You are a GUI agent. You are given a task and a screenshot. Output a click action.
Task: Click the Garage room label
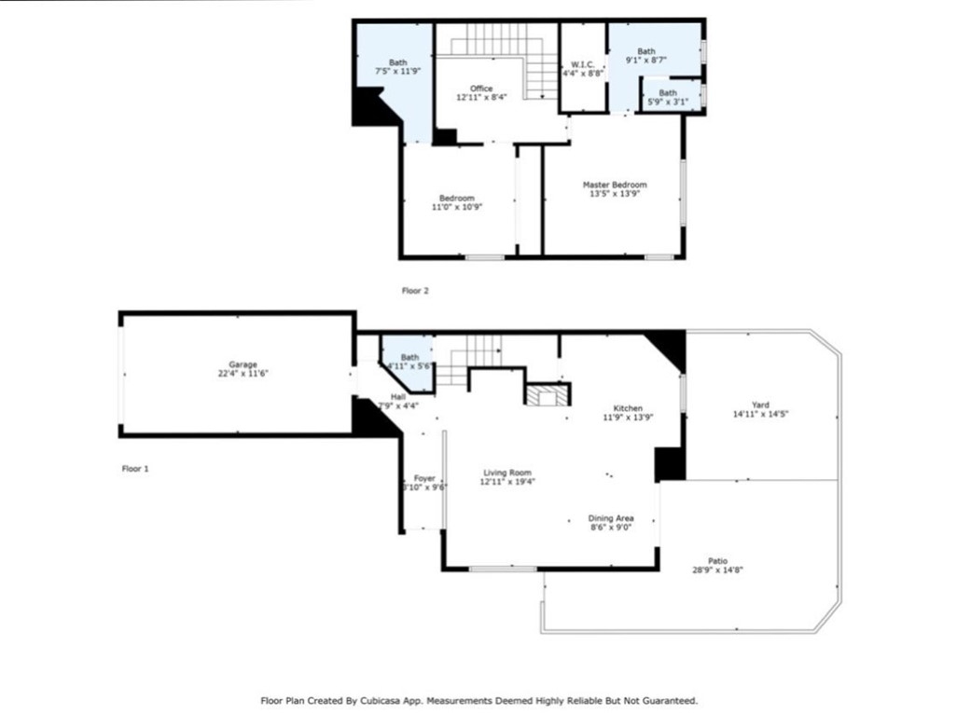coord(243,364)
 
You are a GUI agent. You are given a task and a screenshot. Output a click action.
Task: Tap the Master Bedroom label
coord(615,185)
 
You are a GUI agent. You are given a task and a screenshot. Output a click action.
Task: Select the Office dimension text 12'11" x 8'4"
coord(481,98)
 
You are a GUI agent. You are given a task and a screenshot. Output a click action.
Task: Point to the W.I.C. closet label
coord(582,64)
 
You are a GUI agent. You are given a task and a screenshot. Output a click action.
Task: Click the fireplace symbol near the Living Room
coord(548,395)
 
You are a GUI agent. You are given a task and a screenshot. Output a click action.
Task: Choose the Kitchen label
coord(628,408)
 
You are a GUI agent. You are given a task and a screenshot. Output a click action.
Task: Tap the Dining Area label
coord(611,518)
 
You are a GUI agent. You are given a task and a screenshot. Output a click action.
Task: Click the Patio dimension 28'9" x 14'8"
coord(718,571)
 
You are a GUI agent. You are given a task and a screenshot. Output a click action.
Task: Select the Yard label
coord(760,405)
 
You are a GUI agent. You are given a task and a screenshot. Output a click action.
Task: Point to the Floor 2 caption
coord(415,291)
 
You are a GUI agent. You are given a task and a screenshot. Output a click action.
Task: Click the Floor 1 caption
coord(135,469)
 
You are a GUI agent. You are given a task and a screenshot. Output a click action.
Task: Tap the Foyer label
coord(424,479)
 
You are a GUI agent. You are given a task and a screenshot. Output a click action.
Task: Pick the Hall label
coord(398,397)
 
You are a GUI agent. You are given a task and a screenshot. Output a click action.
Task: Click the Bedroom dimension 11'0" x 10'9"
coord(457,207)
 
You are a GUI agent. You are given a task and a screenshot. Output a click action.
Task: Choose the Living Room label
coord(507,473)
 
